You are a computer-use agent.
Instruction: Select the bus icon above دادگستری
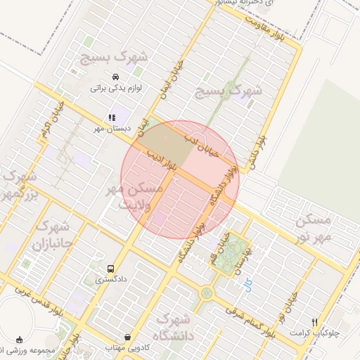(x=110, y=269)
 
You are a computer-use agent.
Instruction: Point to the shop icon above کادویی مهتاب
(x=127, y=337)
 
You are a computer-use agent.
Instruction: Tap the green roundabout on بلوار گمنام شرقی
(x=206, y=293)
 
